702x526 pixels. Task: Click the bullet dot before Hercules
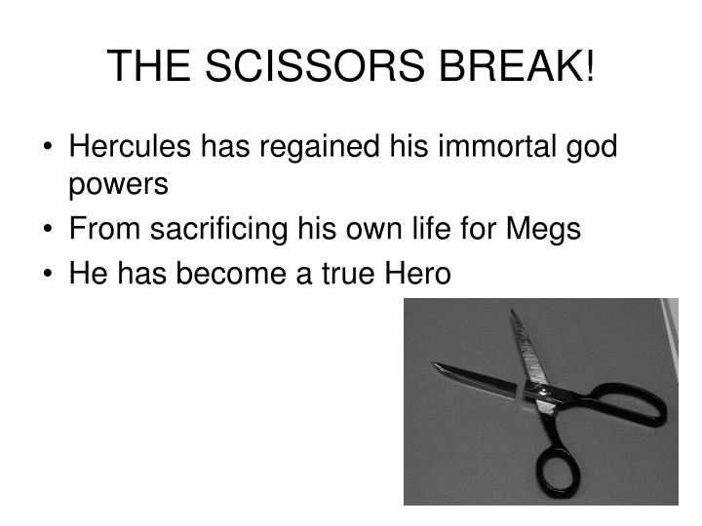49,148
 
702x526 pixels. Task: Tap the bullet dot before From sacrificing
49,231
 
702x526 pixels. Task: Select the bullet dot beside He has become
49,276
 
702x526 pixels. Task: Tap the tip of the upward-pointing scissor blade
513,313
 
